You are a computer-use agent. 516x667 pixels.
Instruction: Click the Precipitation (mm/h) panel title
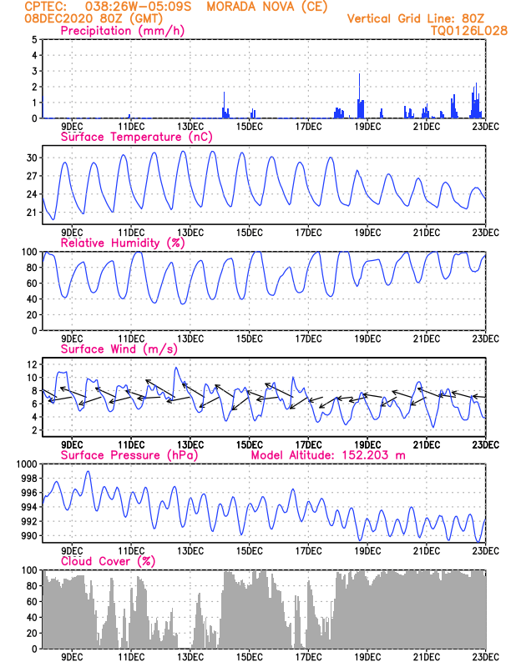122,31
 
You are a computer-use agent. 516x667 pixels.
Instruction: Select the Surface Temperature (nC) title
136,137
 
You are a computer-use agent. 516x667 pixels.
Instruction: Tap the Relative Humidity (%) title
121,243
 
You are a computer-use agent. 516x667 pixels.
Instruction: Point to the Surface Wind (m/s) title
119,349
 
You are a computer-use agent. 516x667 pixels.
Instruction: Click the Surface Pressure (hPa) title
133,455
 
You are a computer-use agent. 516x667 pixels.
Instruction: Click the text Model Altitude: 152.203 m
336,455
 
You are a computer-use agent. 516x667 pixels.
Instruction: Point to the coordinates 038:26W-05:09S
129,6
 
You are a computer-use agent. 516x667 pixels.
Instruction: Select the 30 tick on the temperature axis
31,158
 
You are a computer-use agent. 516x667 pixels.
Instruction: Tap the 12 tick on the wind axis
31,365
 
